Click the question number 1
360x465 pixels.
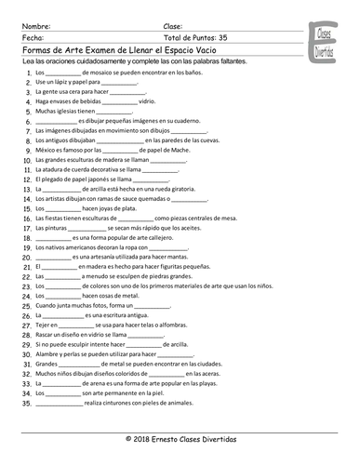click(25, 72)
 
